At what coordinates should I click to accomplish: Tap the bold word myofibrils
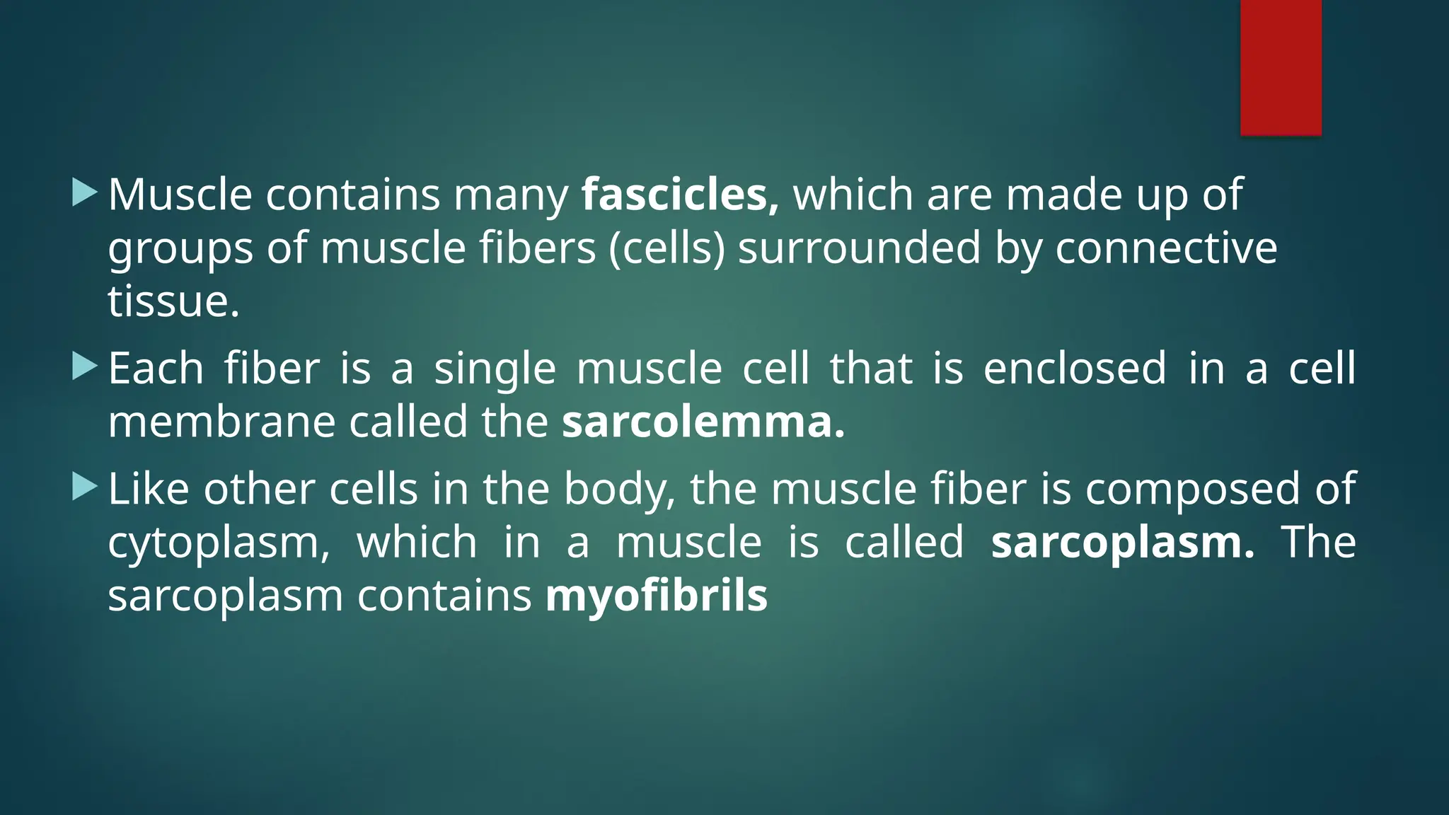[657, 596]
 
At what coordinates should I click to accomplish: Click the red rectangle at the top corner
[1281, 67]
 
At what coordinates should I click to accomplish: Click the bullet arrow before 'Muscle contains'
[84, 192]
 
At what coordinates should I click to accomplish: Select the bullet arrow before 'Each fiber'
[84, 366]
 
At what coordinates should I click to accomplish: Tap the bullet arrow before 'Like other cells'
[84, 487]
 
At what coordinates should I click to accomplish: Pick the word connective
[1166, 248]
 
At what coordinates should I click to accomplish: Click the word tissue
[173, 301]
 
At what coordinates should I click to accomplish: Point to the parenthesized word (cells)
[667, 248]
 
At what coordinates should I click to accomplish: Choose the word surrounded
[860, 248]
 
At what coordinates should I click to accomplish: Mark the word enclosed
[1075, 369]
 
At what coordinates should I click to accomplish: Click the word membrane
[221, 422]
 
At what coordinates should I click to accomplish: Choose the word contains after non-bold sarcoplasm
[444, 596]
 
